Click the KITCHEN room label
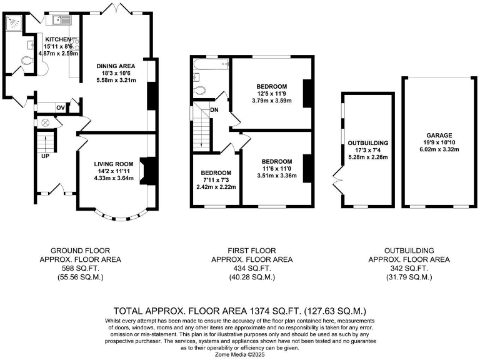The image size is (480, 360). click(x=53, y=39)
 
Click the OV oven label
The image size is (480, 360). click(x=61, y=107)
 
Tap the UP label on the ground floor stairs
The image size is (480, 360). click(x=45, y=156)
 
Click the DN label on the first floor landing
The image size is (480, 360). click(x=214, y=110)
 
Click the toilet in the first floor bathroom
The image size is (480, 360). click(x=200, y=90)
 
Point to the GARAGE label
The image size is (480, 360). click(x=439, y=135)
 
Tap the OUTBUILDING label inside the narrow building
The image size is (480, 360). click(x=367, y=142)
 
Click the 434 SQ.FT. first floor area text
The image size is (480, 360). click(x=251, y=267)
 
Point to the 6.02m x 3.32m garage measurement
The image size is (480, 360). click(x=439, y=149)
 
